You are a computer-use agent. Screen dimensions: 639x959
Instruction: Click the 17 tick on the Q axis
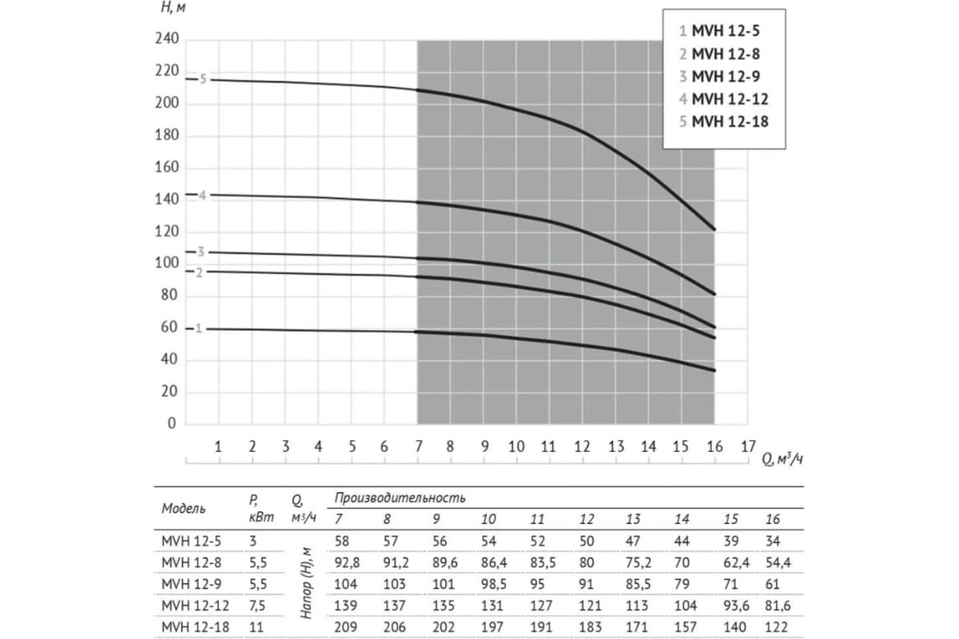click(747, 447)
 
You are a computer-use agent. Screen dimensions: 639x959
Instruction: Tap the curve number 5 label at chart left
click(203, 79)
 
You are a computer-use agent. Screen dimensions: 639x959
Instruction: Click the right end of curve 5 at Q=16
click(714, 229)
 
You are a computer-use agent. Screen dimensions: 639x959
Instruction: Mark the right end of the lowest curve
click(714, 371)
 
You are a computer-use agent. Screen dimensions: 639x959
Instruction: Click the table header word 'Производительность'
click(400, 498)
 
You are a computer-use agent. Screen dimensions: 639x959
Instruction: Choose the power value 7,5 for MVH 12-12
click(258, 605)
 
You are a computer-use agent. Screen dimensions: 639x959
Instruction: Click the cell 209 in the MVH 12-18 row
click(346, 625)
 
